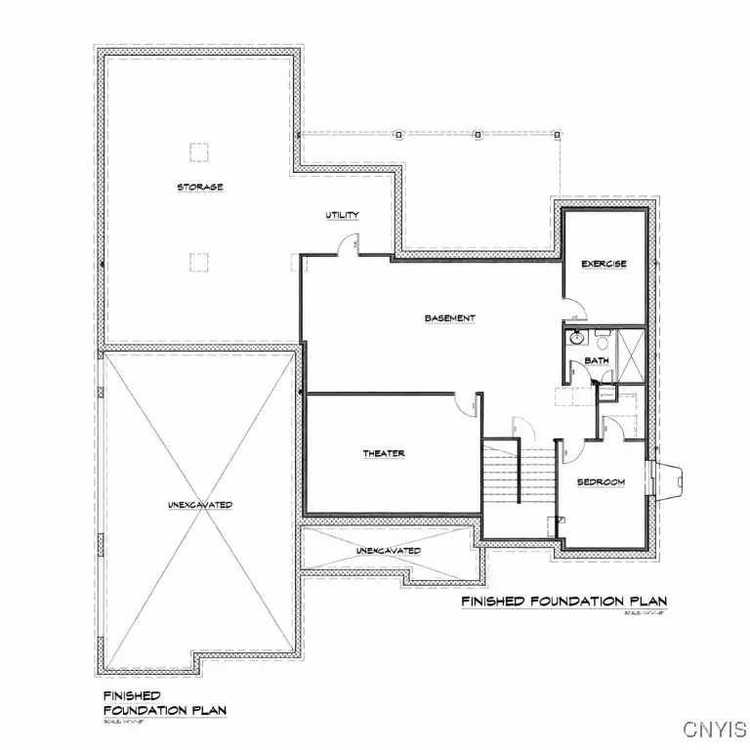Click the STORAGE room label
[199, 187]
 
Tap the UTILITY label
[342, 215]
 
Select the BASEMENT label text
[449, 318]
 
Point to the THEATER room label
[384, 453]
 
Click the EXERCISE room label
[604, 264]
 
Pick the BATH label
[597, 360]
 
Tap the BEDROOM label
[600, 482]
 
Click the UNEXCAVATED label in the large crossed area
[199, 504]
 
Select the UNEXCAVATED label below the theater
[388, 551]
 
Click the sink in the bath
[577, 339]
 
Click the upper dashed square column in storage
[199, 151]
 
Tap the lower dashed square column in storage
[199, 261]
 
